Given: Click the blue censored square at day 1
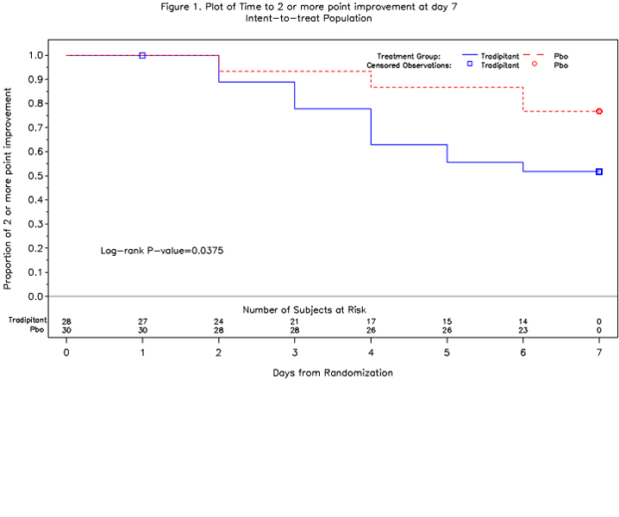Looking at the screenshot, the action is click(x=142, y=56).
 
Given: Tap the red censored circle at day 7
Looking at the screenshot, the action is click(x=599, y=111).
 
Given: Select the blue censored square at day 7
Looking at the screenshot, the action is click(x=599, y=171).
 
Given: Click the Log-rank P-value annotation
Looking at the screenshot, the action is click(x=162, y=251).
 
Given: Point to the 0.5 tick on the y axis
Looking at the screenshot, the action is click(x=47, y=176).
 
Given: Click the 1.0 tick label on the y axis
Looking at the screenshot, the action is click(x=35, y=55).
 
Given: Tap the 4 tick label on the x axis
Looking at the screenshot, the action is click(x=371, y=352).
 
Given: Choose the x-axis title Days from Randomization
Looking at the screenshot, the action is click(x=333, y=373).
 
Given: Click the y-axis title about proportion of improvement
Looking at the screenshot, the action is click(x=8, y=189).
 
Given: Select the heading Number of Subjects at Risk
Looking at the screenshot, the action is click(x=304, y=310).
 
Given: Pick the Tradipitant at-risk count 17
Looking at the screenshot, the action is click(x=371, y=321).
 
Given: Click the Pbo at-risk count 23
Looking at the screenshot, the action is click(x=523, y=330).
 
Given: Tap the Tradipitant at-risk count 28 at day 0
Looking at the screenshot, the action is click(x=66, y=321).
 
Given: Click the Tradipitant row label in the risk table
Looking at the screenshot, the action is click(x=28, y=320).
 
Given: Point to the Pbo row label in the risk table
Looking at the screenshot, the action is click(x=37, y=329).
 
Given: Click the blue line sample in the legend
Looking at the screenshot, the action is click(x=469, y=54).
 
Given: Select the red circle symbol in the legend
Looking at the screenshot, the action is click(x=535, y=64).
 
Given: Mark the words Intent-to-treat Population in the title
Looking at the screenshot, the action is click(x=309, y=18).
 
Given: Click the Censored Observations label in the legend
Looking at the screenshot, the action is click(x=409, y=65).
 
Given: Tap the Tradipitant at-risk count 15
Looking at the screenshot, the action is click(x=447, y=321).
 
